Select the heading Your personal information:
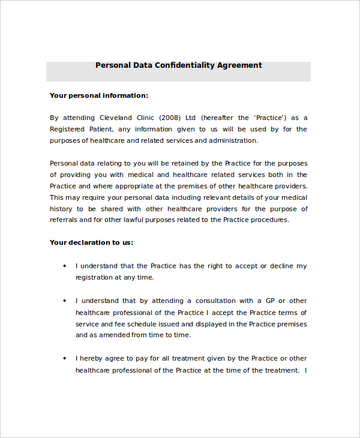coord(99,95)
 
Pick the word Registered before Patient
coord(69,129)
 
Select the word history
coord(61,209)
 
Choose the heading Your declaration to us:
coord(91,243)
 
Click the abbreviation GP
coord(268,301)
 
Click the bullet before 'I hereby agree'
coord(65,359)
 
